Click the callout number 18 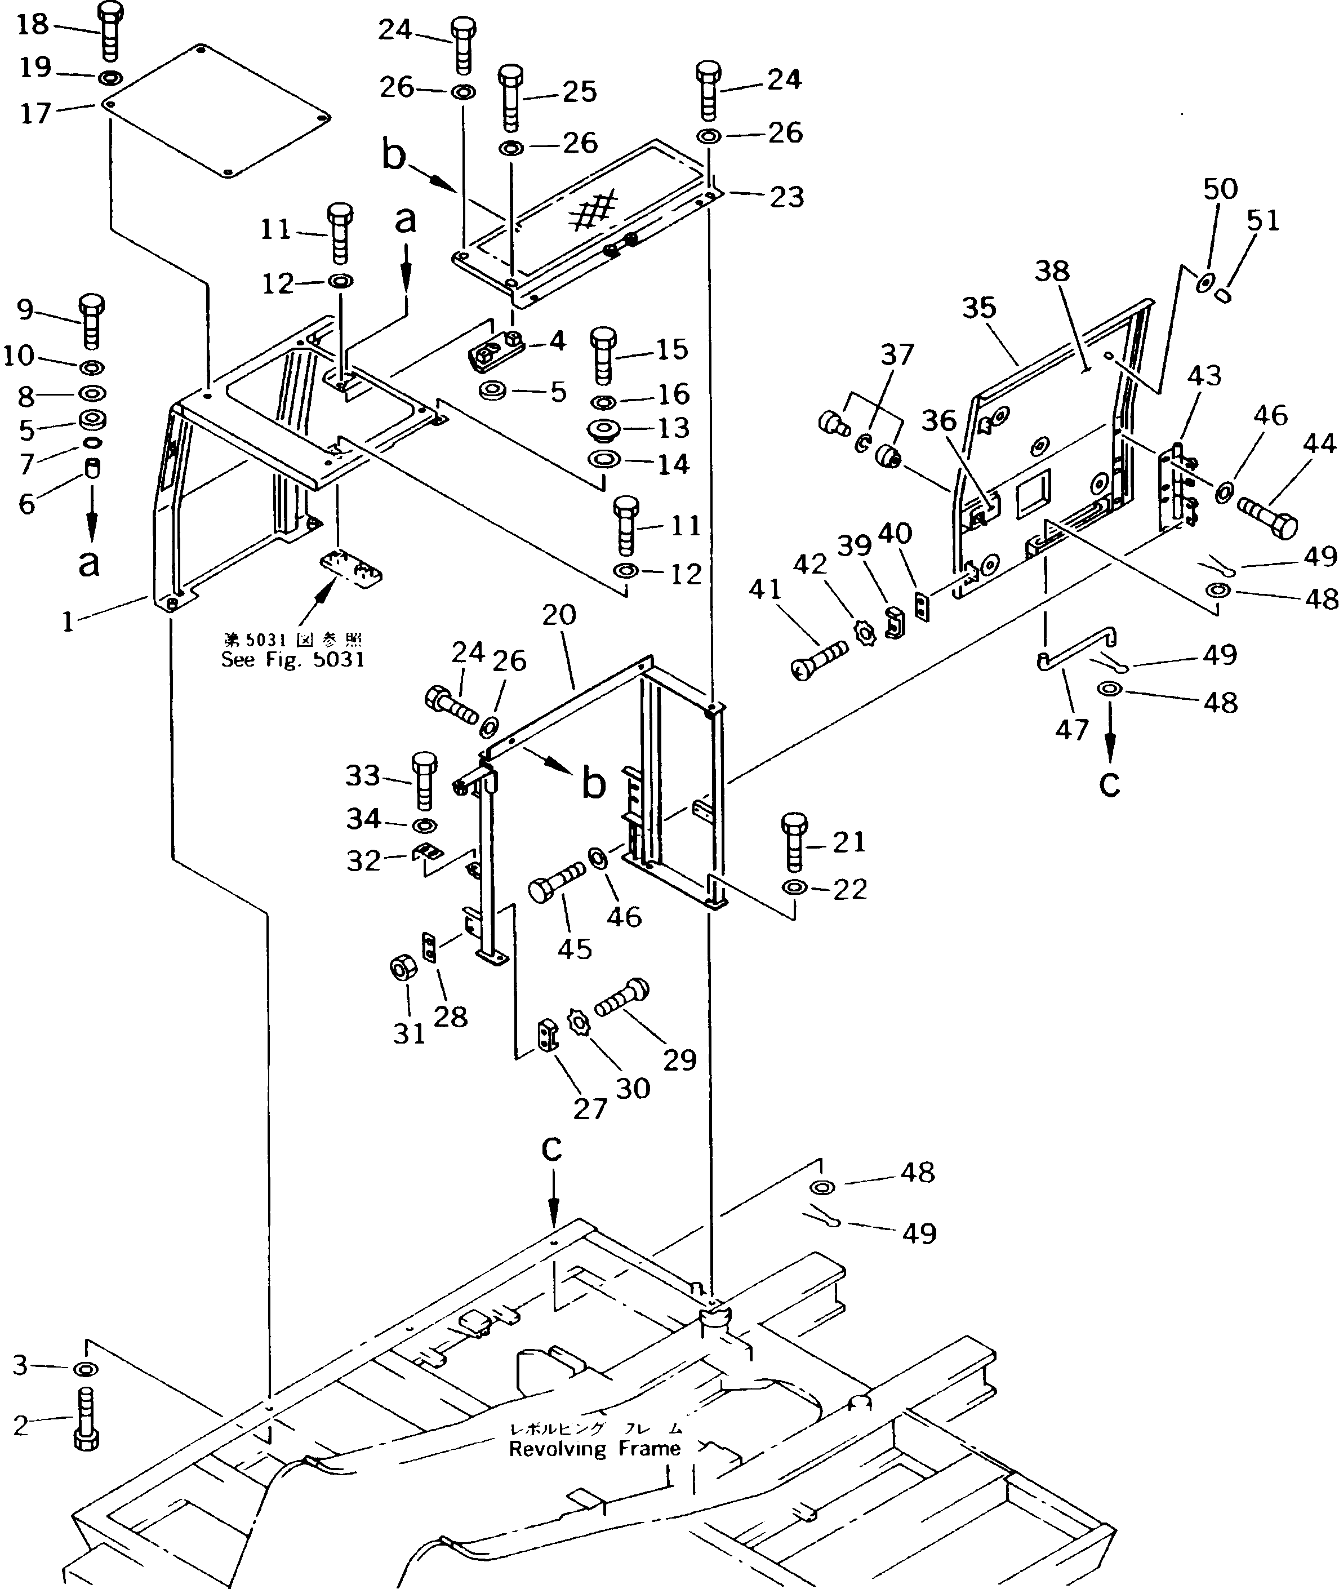(x=32, y=24)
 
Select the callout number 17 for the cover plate (x=35, y=114)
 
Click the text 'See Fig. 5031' (x=292, y=660)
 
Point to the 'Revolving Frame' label (x=594, y=1449)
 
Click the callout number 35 (x=978, y=308)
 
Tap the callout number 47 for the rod (x=1072, y=730)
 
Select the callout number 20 (x=559, y=614)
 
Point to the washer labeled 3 (x=85, y=1369)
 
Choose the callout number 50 (x=1220, y=188)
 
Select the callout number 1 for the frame (x=68, y=623)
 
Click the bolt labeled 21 (x=794, y=842)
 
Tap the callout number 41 (x=764, y=589)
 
